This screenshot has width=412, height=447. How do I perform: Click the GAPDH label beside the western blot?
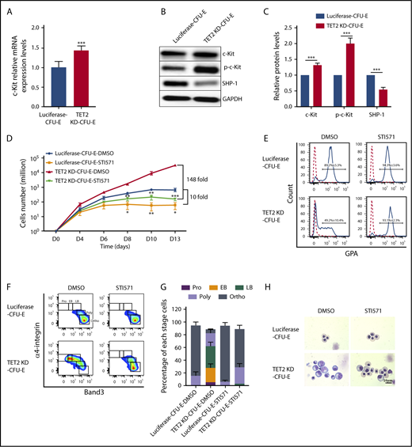click(x=235, y=99)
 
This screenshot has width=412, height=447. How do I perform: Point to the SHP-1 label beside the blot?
click(x=235, y=83)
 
